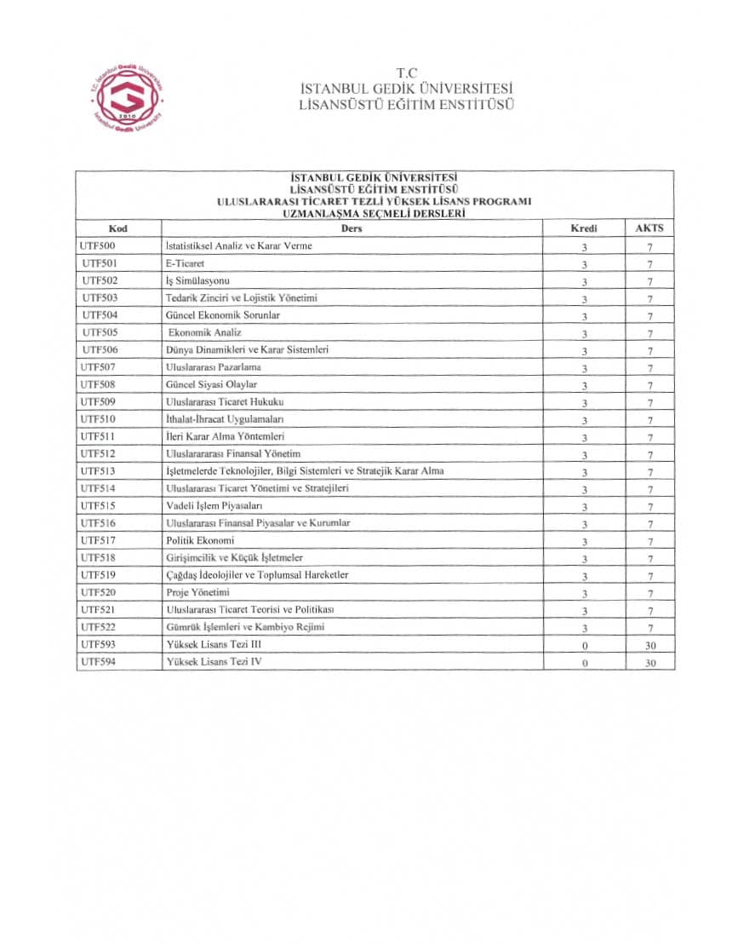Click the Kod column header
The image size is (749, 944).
tap(118, 228)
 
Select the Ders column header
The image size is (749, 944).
tap(352, 228)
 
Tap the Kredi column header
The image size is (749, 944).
tap(584, 228)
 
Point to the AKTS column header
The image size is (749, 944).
tap(649, 228)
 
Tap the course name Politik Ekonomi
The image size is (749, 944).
tap(200, 540)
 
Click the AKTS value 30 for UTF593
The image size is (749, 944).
tap(650, 646)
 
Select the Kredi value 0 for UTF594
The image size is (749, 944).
tap(585, 663)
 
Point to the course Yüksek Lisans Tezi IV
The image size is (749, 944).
tap(214, 661)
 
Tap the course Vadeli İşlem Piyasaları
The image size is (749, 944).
tap(214, 505)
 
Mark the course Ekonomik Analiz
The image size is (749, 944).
tap(205, 332)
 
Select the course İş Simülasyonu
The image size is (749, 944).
tap(198, 280)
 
